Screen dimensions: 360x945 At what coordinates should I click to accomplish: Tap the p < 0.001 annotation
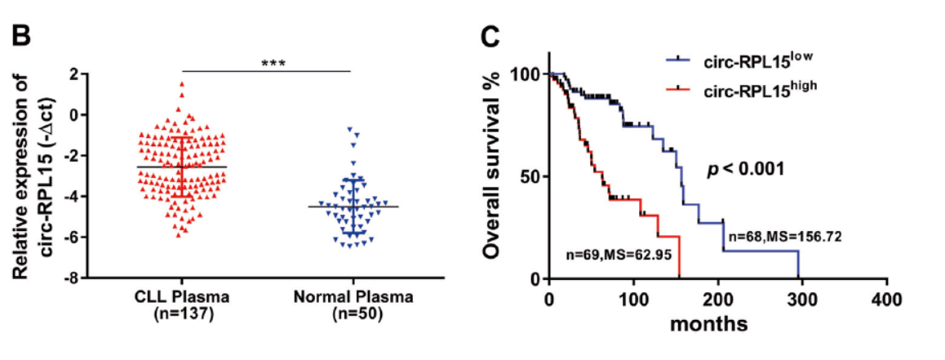click(745, 171)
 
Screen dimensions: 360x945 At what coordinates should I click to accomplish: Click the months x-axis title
click(709, 323)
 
